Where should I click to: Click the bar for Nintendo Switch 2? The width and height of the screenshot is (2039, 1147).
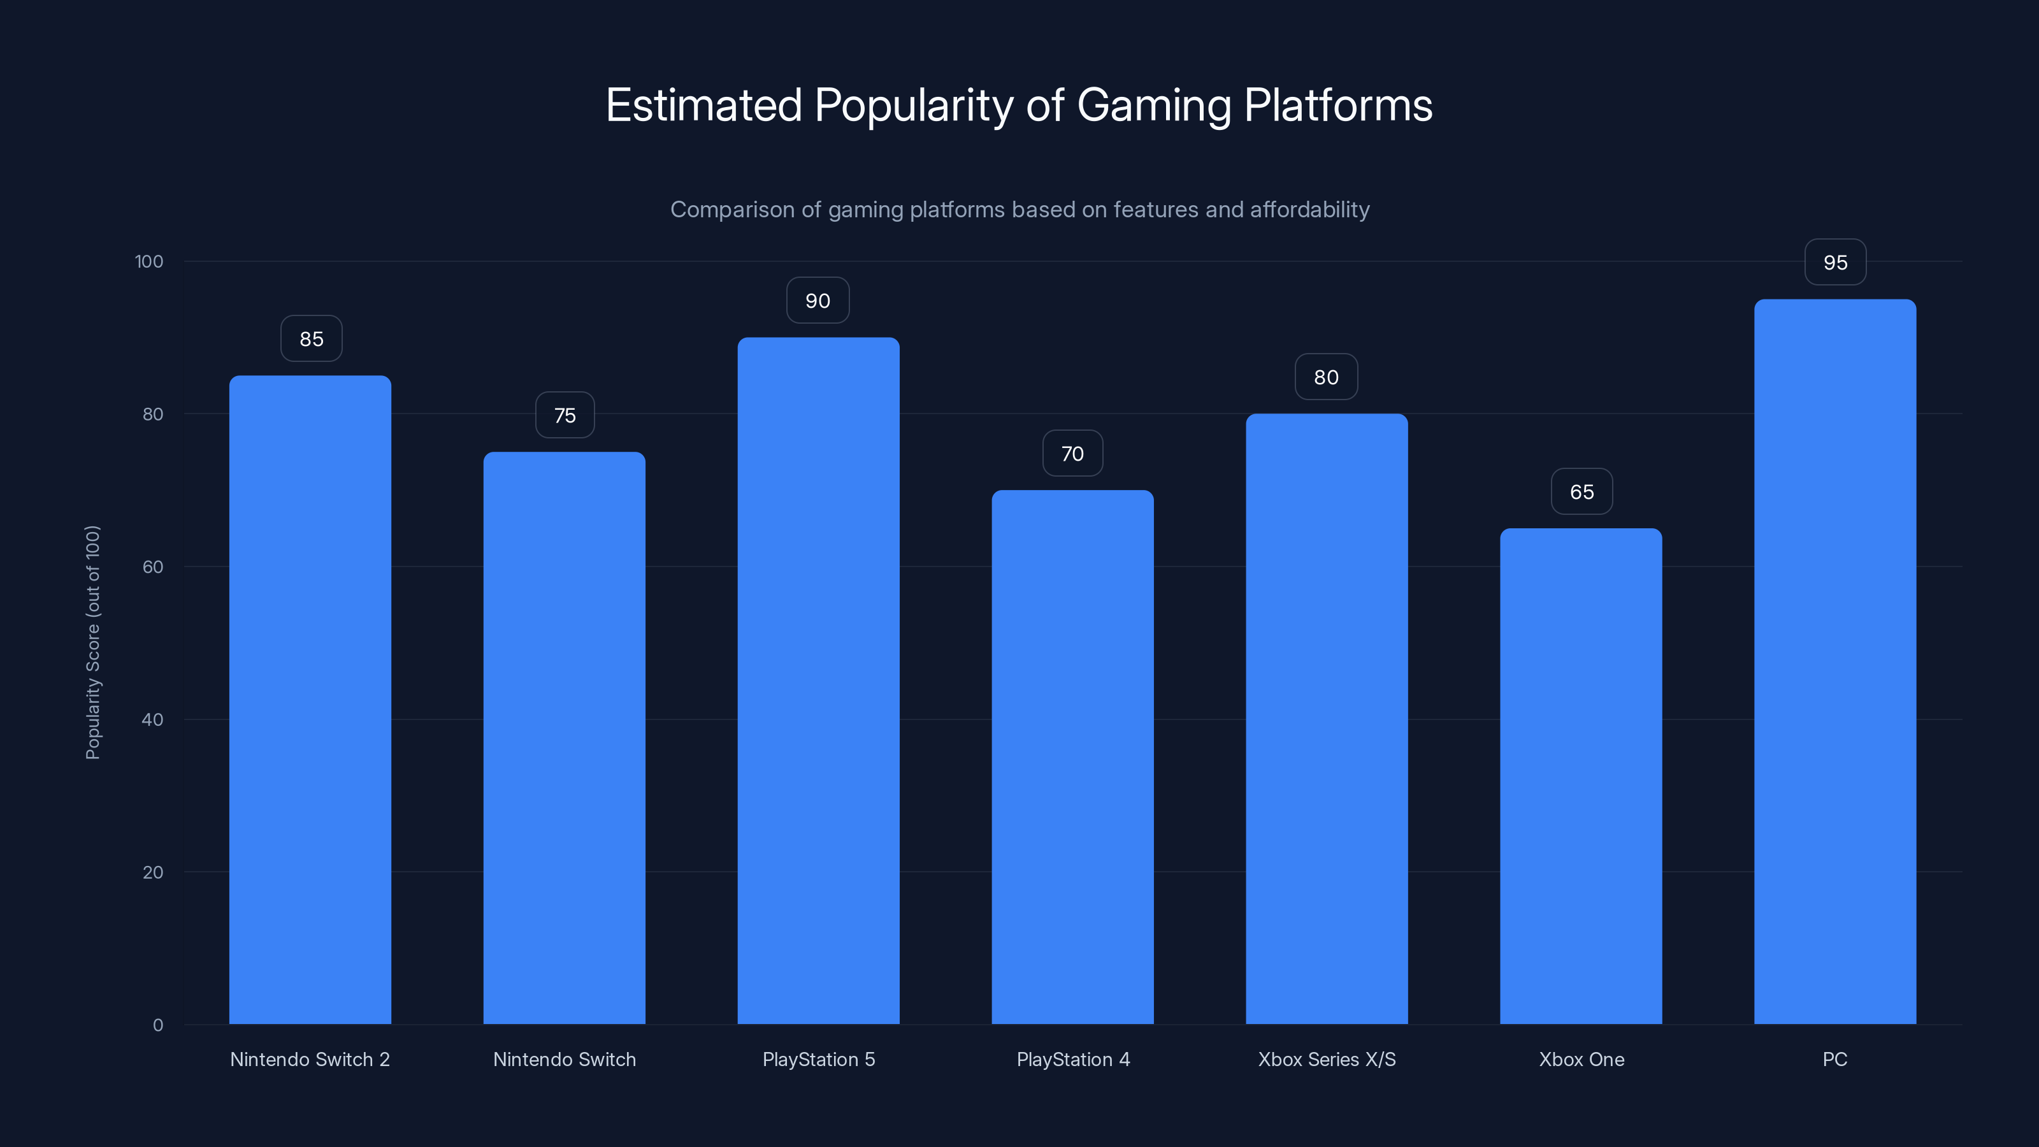tap(310, 700)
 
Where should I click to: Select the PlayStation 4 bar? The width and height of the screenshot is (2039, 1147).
tap(1072, 757)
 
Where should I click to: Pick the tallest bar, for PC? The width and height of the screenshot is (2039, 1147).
tap(1835, 662)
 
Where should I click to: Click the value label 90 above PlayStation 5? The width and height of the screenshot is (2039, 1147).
tap(818, 301)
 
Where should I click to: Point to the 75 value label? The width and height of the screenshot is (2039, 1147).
tap(565, 415)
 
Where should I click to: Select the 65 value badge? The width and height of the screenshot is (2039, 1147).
tap(1581, 491)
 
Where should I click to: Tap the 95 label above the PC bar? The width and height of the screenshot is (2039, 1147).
tap(1835, 263)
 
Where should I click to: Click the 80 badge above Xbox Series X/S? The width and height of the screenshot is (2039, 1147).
tap(1326, 378)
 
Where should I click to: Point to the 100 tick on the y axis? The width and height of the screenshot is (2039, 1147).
tap(149, 261)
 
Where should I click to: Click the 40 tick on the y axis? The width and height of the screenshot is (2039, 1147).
tap(152, 719)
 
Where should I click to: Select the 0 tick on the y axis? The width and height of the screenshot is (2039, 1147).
tap(157, 1025)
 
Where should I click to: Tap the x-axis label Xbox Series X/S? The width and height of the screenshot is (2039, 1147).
tap(1327, 1059)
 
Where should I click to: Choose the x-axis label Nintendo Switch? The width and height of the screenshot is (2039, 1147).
tap(565, 1059)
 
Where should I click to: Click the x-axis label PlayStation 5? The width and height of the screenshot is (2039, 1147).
tap(818, 1059)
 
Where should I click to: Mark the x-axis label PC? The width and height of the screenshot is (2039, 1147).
tap(1835, 1059)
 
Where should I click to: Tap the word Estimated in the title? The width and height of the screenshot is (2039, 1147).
tap(703, 105)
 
